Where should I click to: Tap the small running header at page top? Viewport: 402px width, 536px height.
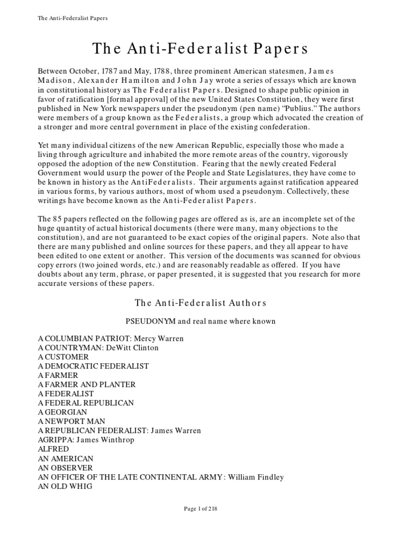coord(73,18)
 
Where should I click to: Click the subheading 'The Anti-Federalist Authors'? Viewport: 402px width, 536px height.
coord(201,303)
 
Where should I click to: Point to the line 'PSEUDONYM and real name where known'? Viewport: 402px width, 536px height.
coord(201,320)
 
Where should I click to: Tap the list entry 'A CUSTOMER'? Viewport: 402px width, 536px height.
coord(63,357)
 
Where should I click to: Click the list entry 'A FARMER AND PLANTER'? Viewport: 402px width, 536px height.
coord(87,384)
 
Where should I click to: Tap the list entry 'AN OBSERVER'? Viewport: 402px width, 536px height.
coord(65,467)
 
